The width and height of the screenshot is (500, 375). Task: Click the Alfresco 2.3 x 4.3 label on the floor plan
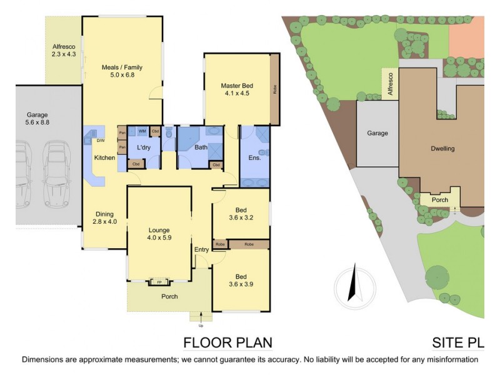coord(63,51)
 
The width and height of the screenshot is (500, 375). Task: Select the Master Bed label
coord(235,90)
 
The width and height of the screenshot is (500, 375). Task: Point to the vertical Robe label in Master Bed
coord(274,89)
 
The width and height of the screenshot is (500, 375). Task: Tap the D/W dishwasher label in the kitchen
coord(99,141)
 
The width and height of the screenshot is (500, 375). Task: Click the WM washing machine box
coord(142,131)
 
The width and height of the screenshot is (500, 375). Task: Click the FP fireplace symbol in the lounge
coord(159,282)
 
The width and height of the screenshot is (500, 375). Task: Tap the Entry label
coord(202,249)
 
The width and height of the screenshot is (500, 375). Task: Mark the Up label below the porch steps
coord(201,326)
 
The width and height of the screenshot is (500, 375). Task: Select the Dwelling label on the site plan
coord(442,149)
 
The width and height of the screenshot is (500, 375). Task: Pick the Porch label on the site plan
coord(440,200)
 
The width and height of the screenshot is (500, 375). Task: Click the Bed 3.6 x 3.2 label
coord(241,214)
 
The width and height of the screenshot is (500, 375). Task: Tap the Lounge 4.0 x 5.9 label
coord(159,233)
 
